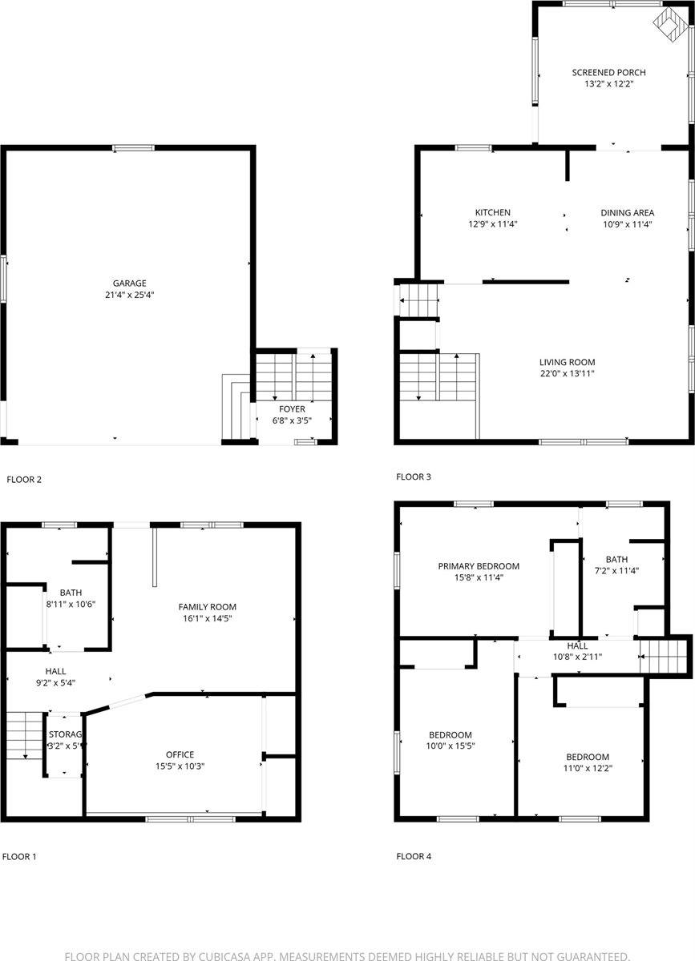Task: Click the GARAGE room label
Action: pyautogui.click(x=129, y=283)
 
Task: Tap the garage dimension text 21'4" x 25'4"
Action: pyautogui.click(x=129, y=295)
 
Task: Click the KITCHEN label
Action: pyautogui.click(x=492, y=213)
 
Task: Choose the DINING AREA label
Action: pyautogui.click(x=628, y=213)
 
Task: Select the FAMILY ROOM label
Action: pyautogui.click(x=207, y=607)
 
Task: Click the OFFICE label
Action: pyautogui.click(x=180, y=754)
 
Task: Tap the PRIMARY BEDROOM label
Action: pyautogui.click(x=479, y=566)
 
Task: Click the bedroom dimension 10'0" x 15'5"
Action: pyautogui.click(x=450, y=746)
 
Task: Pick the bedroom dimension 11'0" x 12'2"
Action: pyautogui.click(x=588, y=768)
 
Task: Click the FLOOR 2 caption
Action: pyautogui.click(x=24, y=480)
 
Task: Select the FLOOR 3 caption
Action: pyautogui.click(x=414, y=477)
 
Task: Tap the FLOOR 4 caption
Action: pyautogui.click(x=414, y=856)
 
